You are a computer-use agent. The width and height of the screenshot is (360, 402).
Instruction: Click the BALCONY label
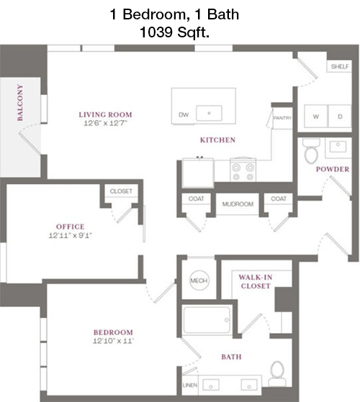20,103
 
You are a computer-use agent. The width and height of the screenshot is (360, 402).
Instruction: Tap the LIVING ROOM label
105,114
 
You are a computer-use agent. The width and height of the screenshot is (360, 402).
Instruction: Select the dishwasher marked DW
184,115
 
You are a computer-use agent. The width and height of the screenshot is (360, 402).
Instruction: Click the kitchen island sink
209,113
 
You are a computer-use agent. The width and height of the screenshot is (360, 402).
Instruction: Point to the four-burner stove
243,170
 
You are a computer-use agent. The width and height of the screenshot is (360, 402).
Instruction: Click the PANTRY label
282,118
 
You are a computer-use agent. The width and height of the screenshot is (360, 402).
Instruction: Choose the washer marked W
315,116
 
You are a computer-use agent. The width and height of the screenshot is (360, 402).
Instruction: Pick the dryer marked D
340,116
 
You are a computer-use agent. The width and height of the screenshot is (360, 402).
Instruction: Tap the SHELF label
340,67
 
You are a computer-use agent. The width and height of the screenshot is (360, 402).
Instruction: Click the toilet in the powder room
311,150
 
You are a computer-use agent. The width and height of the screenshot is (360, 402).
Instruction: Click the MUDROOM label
238,204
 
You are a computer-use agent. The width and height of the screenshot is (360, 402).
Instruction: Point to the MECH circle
199,280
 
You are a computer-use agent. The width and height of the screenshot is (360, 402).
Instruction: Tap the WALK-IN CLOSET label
256,281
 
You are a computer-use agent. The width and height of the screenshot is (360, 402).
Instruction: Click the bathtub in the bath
207,320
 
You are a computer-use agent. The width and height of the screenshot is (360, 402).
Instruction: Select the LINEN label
190,385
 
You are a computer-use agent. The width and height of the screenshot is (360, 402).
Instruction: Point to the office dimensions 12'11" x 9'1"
71,235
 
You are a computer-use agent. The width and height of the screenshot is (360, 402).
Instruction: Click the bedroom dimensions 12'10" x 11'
113,341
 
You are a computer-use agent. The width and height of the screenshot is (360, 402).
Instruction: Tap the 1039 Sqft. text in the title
174,32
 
